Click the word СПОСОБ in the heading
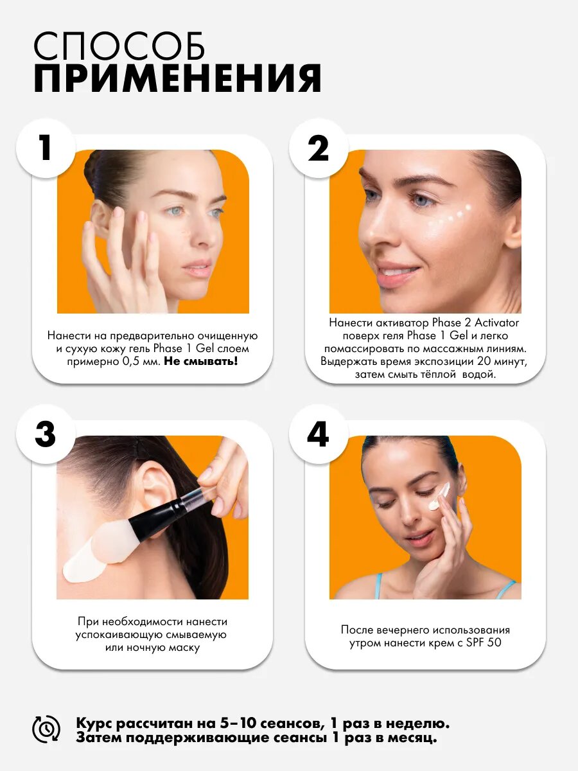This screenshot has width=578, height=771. (119, 46)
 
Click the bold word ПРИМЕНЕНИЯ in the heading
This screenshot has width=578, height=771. (178, 78)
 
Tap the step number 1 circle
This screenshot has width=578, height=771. (46, 148)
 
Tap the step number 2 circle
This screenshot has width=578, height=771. (319, 148)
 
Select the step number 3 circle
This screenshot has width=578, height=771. (46, 434)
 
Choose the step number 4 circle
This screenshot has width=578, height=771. (319, 434)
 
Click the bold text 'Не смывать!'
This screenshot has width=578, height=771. (201, 361)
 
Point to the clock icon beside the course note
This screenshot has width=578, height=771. (46, 729)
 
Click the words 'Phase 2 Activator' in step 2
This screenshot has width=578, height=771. (475, 323)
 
